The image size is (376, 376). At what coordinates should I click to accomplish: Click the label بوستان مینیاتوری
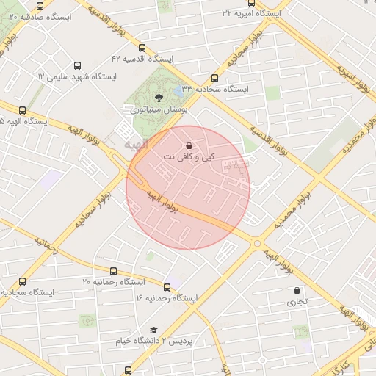(x=159, y=109)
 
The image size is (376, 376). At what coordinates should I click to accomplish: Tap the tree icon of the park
(x=159, y=95)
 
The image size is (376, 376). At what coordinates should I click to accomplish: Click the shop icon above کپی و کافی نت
(x=191, y=146)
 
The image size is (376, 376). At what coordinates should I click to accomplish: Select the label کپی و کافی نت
(x=190, y=158)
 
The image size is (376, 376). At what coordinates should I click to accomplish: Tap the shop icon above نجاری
(x=297, y=291)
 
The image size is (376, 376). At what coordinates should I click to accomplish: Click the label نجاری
(x=297, y=301)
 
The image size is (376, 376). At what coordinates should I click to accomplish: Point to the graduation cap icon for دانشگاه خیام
(x=153, y=331)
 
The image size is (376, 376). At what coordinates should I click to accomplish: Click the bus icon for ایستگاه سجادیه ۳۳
(x=214, y=78)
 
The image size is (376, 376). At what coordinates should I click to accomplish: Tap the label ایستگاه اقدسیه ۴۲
(x=142, y=58)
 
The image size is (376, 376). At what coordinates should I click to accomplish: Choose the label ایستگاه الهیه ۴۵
(x=23, y=122)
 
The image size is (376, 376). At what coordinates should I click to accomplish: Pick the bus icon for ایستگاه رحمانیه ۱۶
(x=168, y=288)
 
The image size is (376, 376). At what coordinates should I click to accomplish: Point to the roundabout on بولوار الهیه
(x=257, y=243)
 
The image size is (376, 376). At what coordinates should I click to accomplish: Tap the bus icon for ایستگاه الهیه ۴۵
(x=23, y=111)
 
